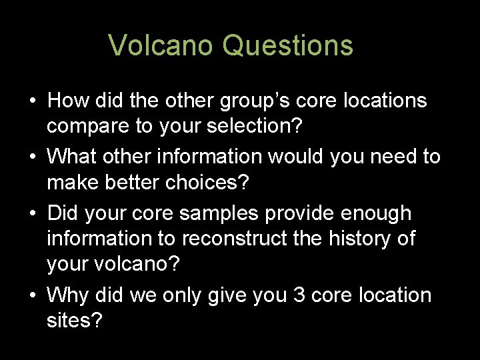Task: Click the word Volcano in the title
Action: pyautogui.click(x=161, y=45)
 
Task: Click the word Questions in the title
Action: pyautogui.click(x=287, y=45)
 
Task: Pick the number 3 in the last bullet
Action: pyautogui.click(x=300, y=295)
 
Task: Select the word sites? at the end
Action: pyautogui.click(x=75, y=321)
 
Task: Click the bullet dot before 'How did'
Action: pyautogui.click(x=32, y=101)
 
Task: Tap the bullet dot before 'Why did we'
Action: pyautogui.click(x=32, y=295)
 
